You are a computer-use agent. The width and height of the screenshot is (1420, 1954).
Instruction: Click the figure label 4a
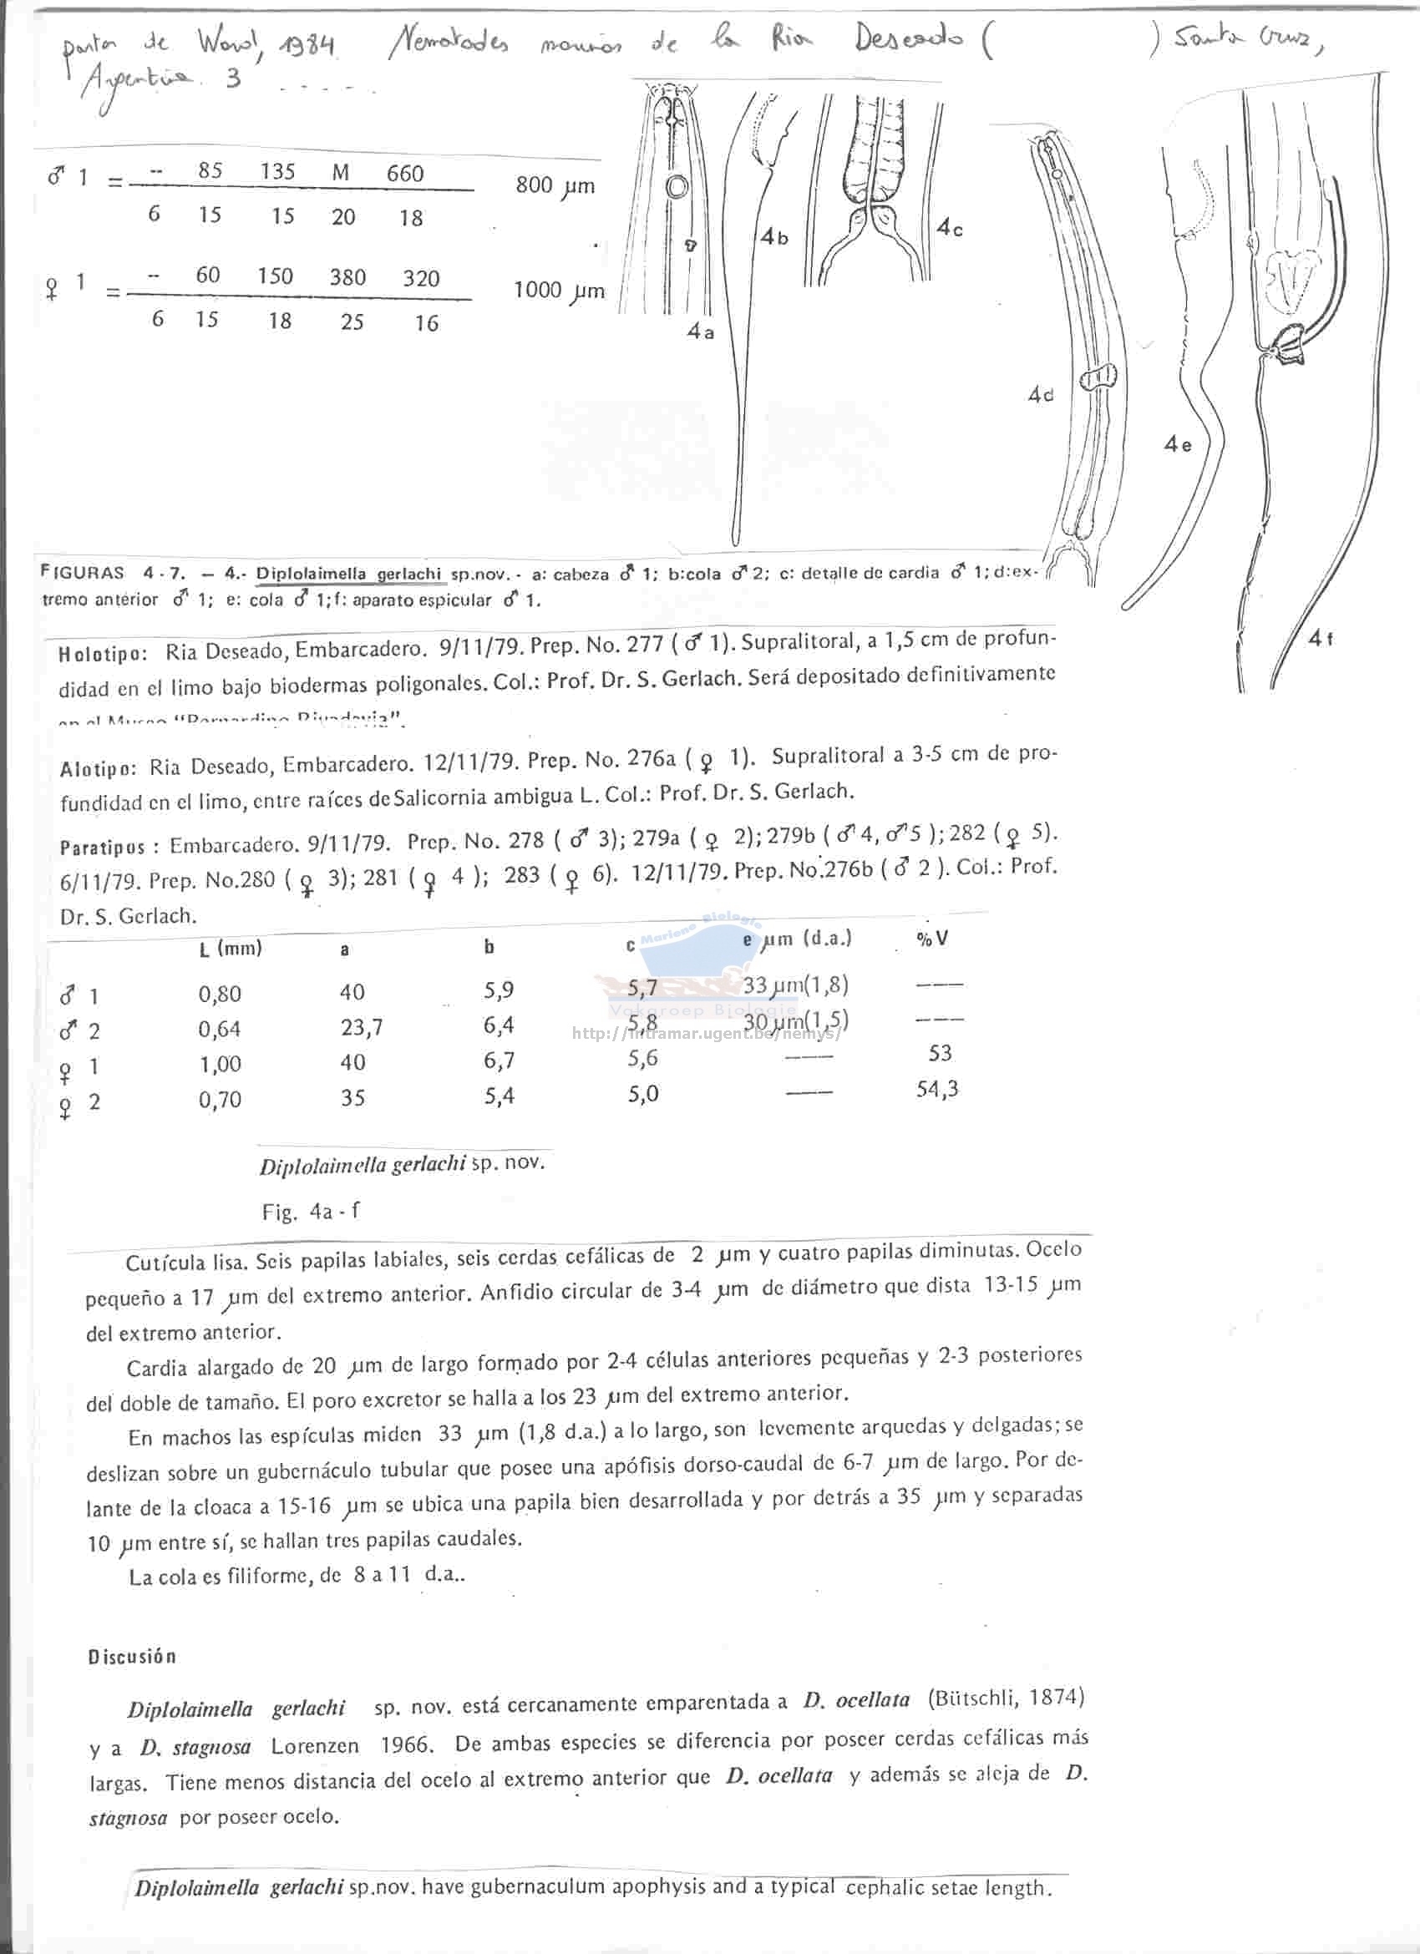pyautogui.click(x=700, y=332)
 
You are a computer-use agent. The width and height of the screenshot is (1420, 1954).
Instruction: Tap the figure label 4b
pyautogui.click(x=773, y=238)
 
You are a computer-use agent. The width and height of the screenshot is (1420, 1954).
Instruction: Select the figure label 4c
pyautogui.click(x=950, y=228)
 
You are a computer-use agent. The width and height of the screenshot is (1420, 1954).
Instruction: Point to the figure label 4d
pyautogui.click(x=1040, y=395)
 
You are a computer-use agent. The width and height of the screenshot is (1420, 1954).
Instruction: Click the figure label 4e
pyautogui.click(x=1177, y=444)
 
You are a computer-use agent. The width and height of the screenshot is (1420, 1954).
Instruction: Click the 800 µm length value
pyautogui.click(x=554, y=185)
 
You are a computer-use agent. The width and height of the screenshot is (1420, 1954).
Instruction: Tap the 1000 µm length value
pyautogui.click(x=558, y=291)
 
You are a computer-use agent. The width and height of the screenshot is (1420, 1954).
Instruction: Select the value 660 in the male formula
pyautogui.click(x=405, y=173)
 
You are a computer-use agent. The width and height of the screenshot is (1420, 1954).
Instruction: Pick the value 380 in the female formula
pyautogui.click(x=347, y=276)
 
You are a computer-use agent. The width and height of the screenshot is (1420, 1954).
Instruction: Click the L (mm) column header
pyautogui.click(x=230, y=949)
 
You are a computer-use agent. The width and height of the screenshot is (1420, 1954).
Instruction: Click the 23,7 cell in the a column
pyautogui.click(x=361, y=1027)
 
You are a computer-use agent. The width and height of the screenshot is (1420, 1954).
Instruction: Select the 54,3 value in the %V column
pyautogui.click(x=936, y=1089)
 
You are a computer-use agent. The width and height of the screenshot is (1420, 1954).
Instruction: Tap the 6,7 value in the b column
pyautogui.click(x=499, y=1061)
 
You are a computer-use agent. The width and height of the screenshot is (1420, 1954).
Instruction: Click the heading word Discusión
pyautogui.click(x=132, y=1656)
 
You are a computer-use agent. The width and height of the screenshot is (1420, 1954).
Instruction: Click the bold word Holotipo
pyautogui.click(x=103, y=654)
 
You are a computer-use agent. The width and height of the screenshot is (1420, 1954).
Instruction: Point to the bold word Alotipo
pyautogui.click(x=98, y=768)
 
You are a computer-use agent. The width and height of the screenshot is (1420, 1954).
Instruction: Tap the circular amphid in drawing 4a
pyautogui.click(x=677, y=186)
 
